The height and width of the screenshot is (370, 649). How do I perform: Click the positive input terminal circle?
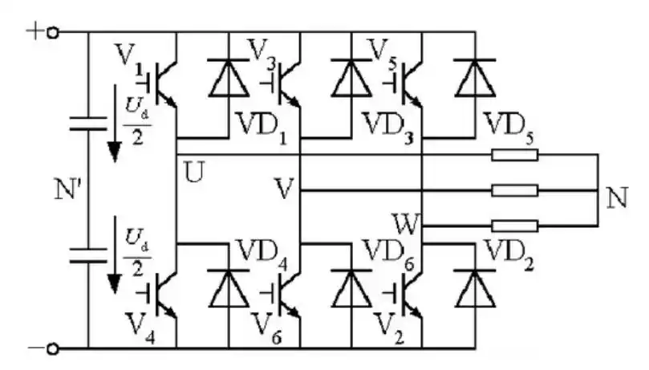(x=53, y=32)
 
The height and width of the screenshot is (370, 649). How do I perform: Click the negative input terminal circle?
(x=53, y=349)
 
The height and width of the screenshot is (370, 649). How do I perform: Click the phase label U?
(x=193, y=171)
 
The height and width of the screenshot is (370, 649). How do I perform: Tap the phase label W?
(x=404, y=221)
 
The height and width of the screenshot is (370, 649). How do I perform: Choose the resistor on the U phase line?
(x=513, y=154)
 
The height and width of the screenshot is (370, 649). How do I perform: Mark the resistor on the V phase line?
(x=513, y=190)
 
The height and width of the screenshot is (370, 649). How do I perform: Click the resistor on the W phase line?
(x=513, y=226)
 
